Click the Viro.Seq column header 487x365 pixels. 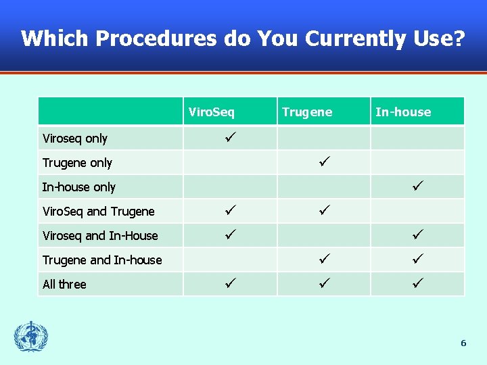coord(211,112)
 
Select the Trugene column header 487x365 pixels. coord(307,112)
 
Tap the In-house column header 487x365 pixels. coord(403,112)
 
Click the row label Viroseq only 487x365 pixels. coord(75,139)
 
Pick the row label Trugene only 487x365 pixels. coord(77,163)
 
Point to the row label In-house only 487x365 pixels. coord(79,187)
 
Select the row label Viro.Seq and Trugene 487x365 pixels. coord(99,212)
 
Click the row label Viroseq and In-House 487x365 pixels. coord(100,236)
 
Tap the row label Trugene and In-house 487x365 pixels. coord(102,260)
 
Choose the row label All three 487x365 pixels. coord(64,285)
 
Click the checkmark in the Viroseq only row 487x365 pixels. coord(230,137)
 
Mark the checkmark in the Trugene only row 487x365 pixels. coord(324,162)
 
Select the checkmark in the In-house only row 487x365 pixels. coord(417,186)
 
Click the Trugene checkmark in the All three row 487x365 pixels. coord(324,283)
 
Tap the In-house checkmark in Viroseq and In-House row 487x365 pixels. coord(417,235)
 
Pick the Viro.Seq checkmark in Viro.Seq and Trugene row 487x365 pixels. coord(230,210)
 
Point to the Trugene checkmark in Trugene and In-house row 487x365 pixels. coord(324,259)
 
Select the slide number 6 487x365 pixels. coord(463,343)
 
